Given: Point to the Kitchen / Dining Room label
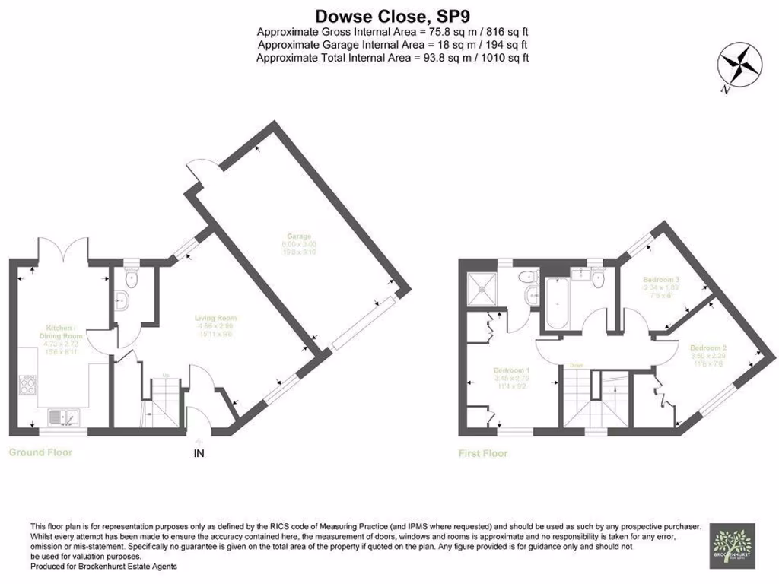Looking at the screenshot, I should coord(62,338).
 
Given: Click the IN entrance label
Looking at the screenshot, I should coord(199,454).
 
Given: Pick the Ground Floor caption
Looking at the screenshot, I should coord(40,452).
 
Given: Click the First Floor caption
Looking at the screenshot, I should coord(482,454).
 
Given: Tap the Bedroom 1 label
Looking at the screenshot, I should coord(511,378).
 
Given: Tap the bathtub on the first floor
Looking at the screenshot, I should coord(555,301).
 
